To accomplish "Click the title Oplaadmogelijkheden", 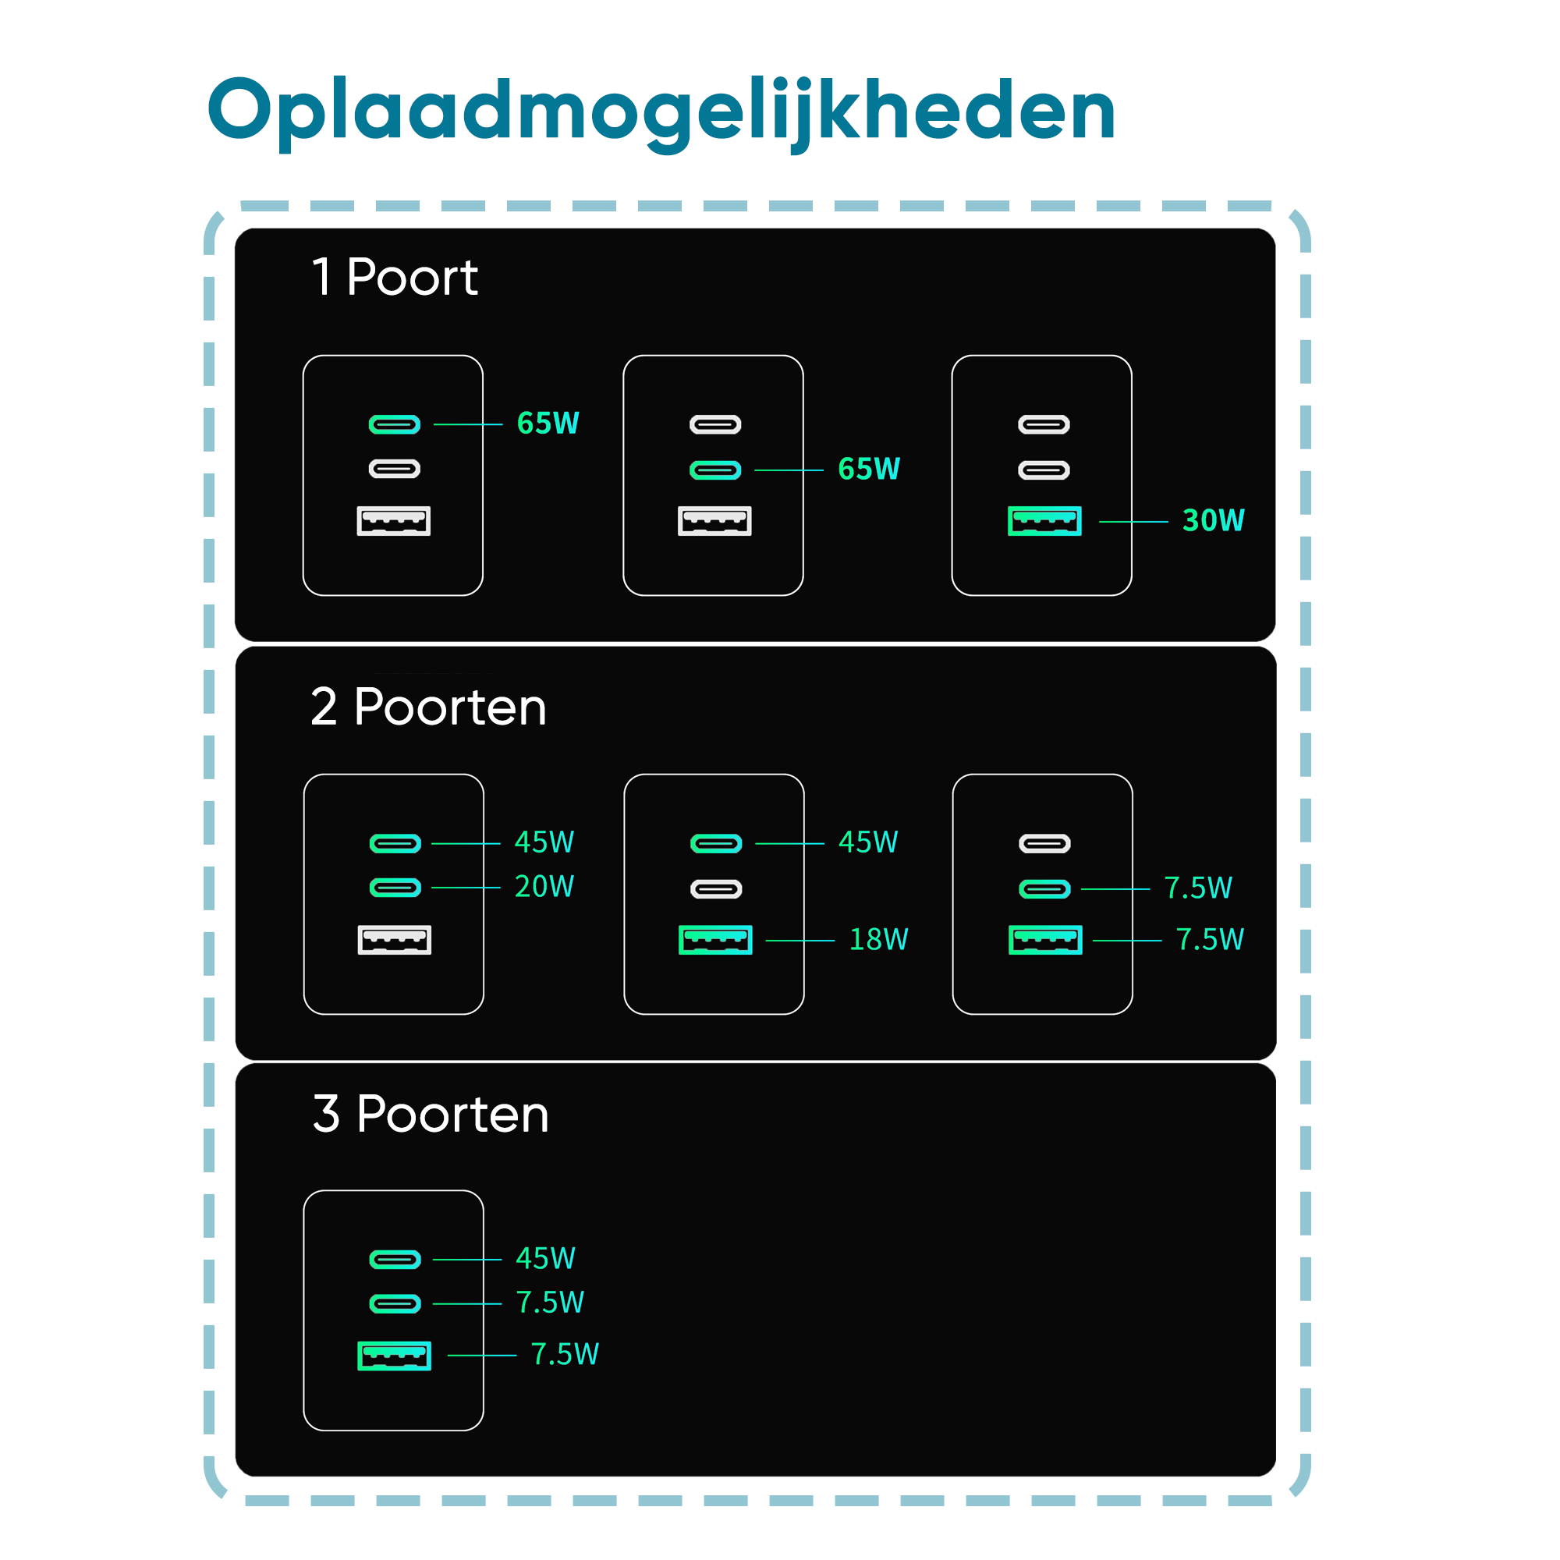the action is (x=661, y=112).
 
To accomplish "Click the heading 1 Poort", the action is (x=395, y=277).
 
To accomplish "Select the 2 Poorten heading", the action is (x=428, y=707).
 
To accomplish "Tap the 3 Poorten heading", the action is (x=431, y=1114).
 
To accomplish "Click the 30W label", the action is (x=1213, y=521).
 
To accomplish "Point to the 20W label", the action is (x=544, y=887).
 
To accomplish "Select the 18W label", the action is (x=878, y=939).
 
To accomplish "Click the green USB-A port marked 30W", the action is (x=1044, y=521).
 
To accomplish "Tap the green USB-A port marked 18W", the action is (x=715, y=940).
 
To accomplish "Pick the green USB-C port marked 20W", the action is (x=395, y=888).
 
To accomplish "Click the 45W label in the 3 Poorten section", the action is (x=545, y=1258).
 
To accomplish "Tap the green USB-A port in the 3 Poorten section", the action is (x=394, y=1356).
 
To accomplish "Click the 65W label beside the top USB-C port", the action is (x=548, y=423).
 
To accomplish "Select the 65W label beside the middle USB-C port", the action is (x=869, y=468).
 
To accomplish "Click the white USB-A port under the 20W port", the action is (x=394, y=940).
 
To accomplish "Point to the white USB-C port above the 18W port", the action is (x=716, y=889).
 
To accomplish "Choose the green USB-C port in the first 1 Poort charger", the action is (x=394, y=424).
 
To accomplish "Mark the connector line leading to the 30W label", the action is (x=1133, y=522).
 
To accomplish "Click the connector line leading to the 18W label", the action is (x=799, y=941).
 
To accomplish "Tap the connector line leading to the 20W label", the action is (x=466, y=888).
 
